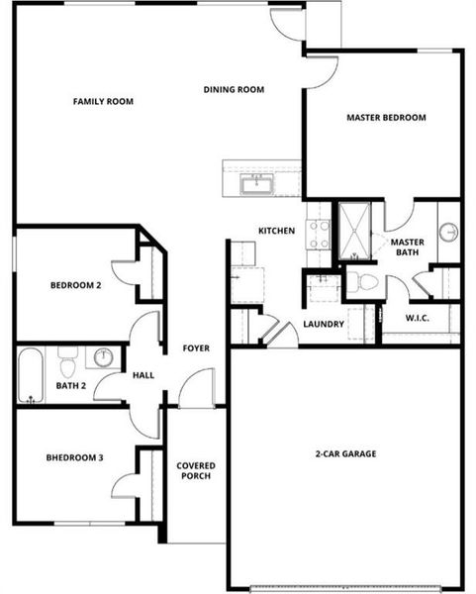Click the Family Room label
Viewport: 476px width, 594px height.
tap(103, 101)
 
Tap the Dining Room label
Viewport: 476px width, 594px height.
tap(234, 90)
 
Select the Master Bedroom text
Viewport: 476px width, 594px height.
tap(386, 118)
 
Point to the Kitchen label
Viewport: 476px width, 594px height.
tap(276, 231)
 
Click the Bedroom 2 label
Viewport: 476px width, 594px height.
tap(76, 286)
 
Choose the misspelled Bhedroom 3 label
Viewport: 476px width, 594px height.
tap(74, 457)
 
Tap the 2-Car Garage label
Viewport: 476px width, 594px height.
tap(346, 454)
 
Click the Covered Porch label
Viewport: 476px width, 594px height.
tap(196, 471)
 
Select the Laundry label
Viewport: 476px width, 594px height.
tap(324, 324)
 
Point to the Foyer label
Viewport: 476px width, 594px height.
tap(196, 347)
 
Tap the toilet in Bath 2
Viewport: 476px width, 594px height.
tap(68, 356)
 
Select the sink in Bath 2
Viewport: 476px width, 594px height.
tap(104, 356)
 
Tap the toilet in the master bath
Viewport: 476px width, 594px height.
tap(367, 282)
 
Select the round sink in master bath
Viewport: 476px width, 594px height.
tap(448, 233)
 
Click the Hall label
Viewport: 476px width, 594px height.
tap(143, 376)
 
